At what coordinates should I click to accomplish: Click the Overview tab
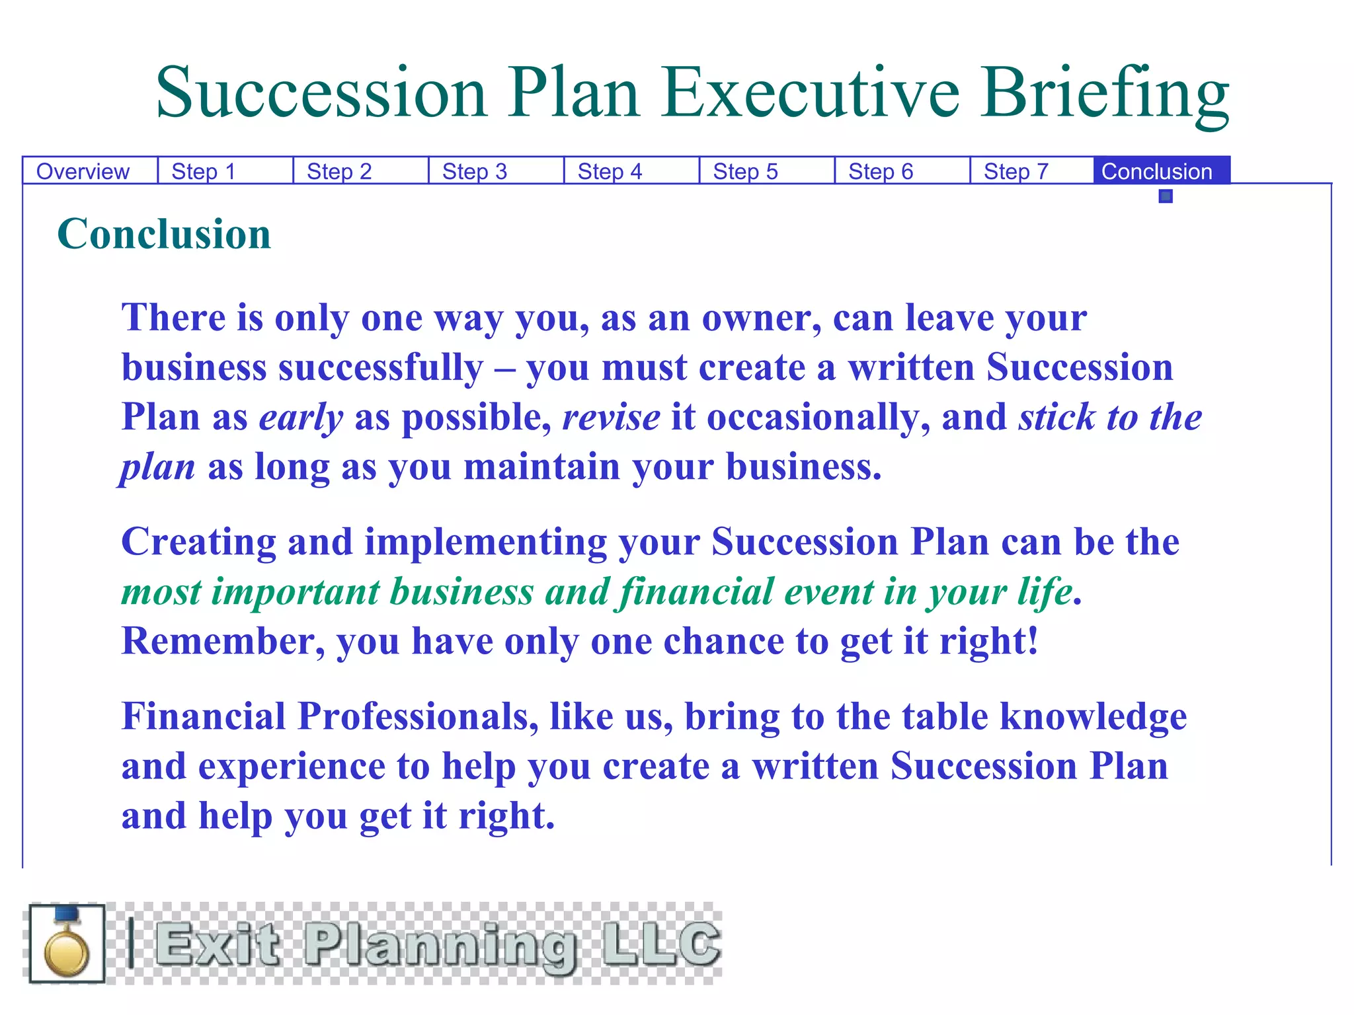point(83,172)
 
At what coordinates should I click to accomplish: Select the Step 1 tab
point(204,172)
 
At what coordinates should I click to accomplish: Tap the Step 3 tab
point(474,172)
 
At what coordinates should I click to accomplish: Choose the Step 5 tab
point(745,172)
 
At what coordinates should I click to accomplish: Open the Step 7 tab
point(1015,172)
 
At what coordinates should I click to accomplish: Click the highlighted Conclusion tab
point(1157,172)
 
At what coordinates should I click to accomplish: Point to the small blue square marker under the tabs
point(1166,196)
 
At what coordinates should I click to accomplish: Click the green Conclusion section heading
point(164,234)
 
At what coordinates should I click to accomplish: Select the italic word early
point(301,418)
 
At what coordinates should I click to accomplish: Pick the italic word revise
point(611,418)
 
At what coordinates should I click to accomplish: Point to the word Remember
point(223,641)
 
